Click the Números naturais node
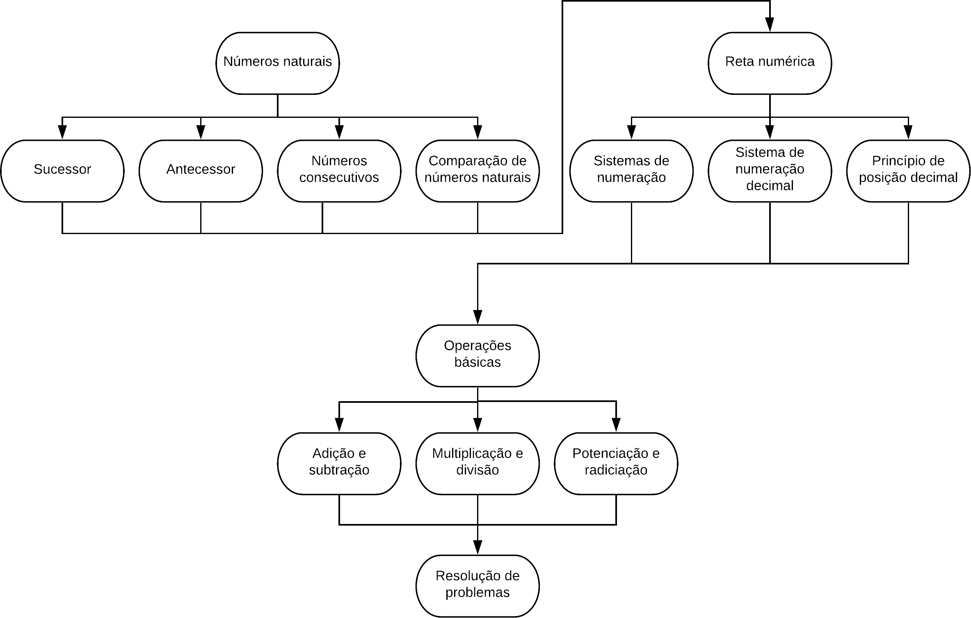pyautogui.click(x=278, y=63)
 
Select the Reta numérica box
pyautogui.click(x=770, y=63)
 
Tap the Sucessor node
pyautogui.click(x=62, y=171)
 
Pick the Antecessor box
pyautogui.click(x=201, y=171)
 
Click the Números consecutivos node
pyautogui.click(x=339, y=171)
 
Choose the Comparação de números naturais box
pyautogui.click(x=478, y=171)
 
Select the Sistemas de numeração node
pyautogui.click(x=631, y=171)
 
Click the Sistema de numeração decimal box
pyautogui.click(x=770, y=171)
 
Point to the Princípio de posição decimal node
pyautogui.click(x=908, y=171)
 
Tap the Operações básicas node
pyautogui.click(x=478, y=356)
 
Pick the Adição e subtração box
pyautogui.click(x=339, y=464)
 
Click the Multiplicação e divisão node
pyautogui.click(x=478, y=464)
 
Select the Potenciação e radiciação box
pyautogui.click(x=616, y=464)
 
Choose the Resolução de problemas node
pyautogui.click(x=478, y=586)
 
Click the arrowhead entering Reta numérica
pyautogui.click(x=770, y=25)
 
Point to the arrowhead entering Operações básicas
pyautogui.click(x=478, y=317)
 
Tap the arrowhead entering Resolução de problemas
pyautogui.click(x=478, y=547)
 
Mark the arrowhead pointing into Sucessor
pyautogui.click(x=62, y=132)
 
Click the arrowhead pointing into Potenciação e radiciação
pyautogui.click(x=616, y=425)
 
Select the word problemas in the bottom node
pyautogui.click(x=478, y=593)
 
